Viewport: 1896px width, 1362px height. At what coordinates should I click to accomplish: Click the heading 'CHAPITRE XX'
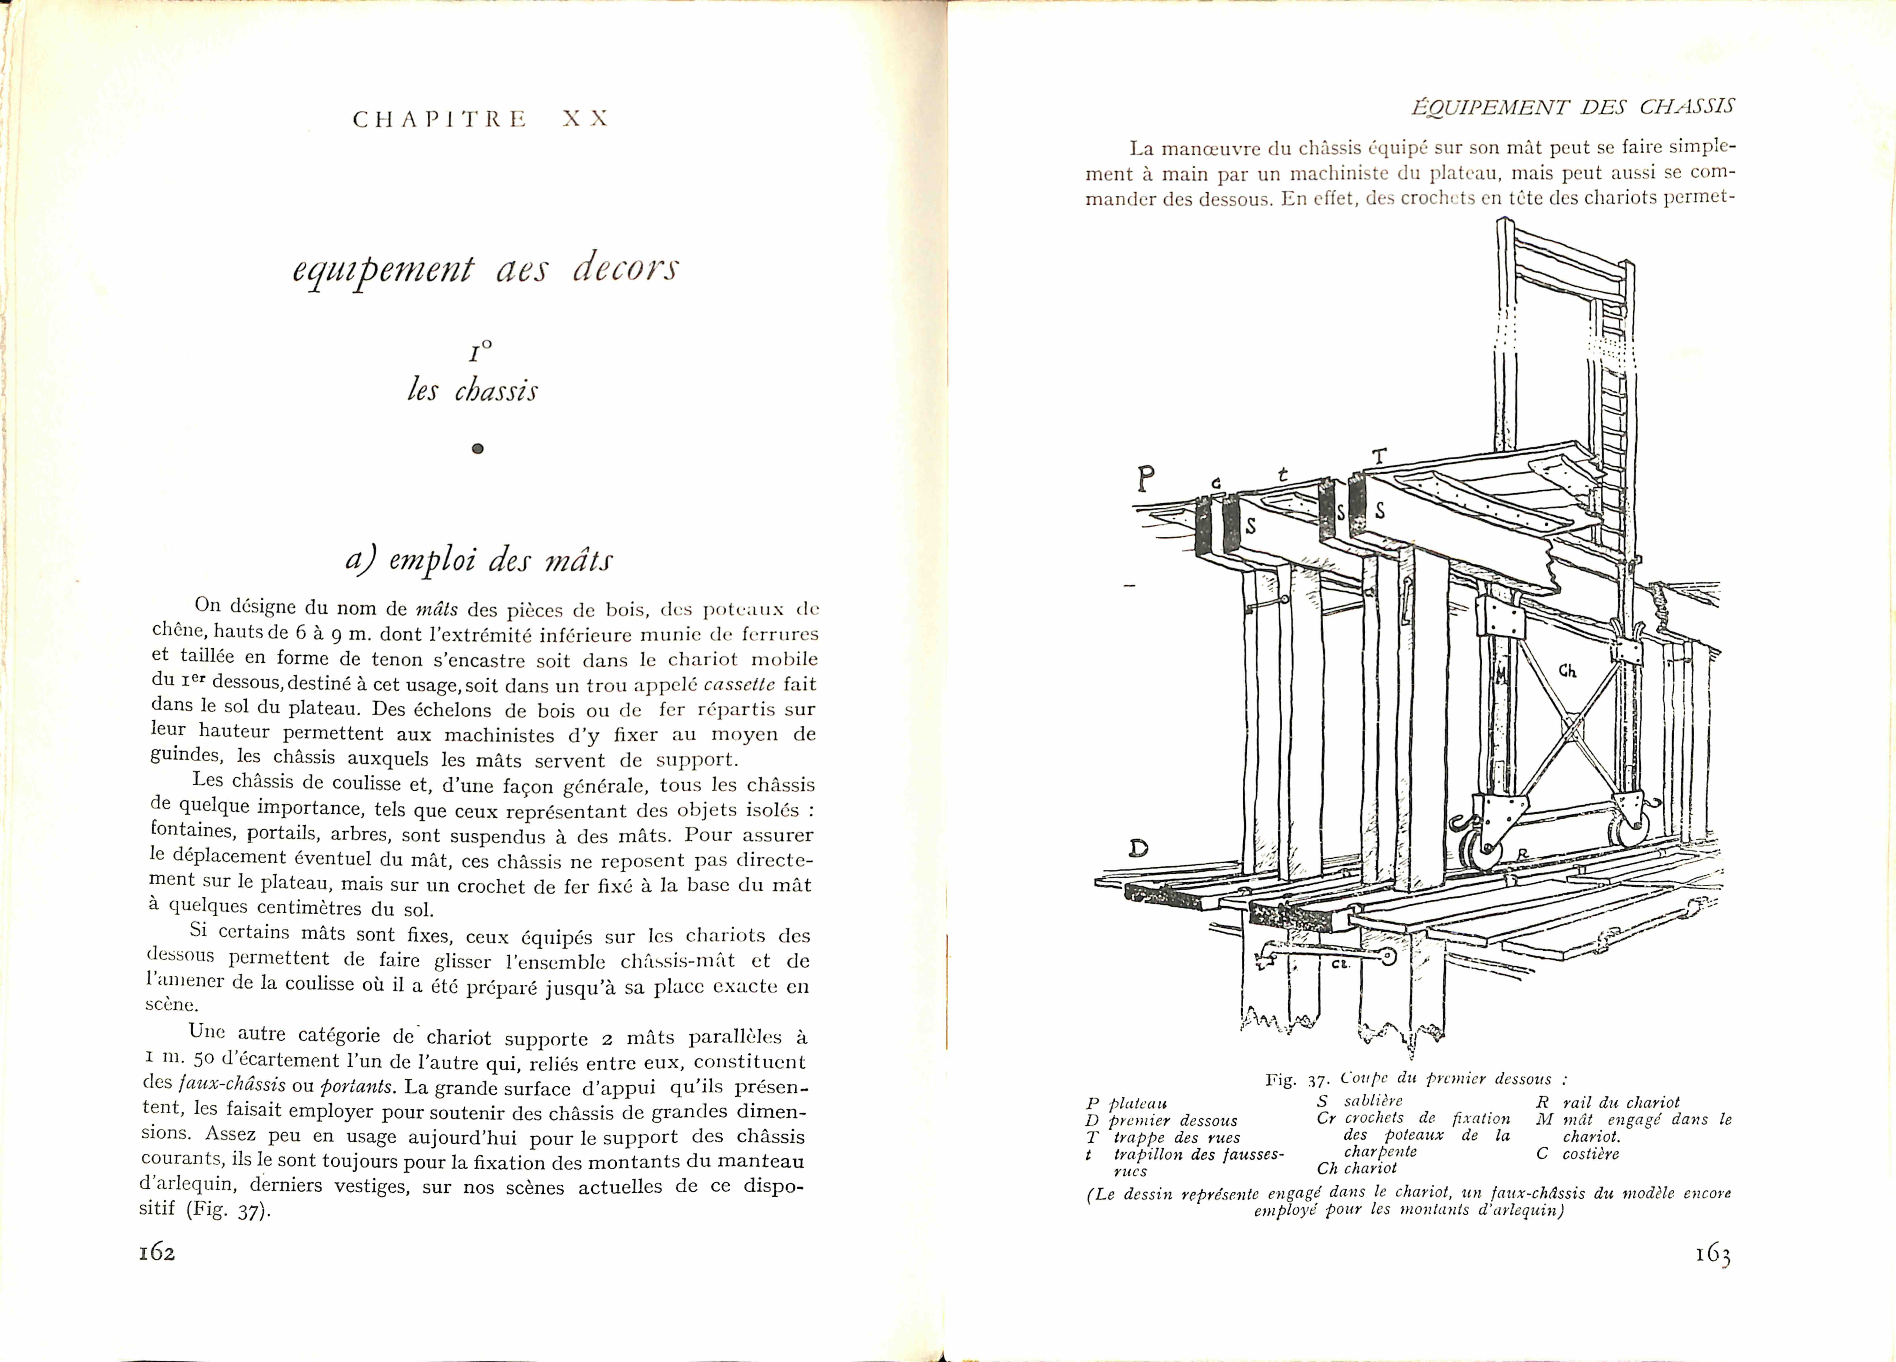point(481,119)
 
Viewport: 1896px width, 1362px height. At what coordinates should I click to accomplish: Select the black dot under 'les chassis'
point(477,449)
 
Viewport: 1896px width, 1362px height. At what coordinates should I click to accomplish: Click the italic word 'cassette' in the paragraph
point(739,684)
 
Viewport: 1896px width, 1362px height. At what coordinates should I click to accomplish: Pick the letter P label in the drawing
point(1147,480)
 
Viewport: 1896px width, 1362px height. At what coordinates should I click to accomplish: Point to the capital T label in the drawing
point(1379,456)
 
